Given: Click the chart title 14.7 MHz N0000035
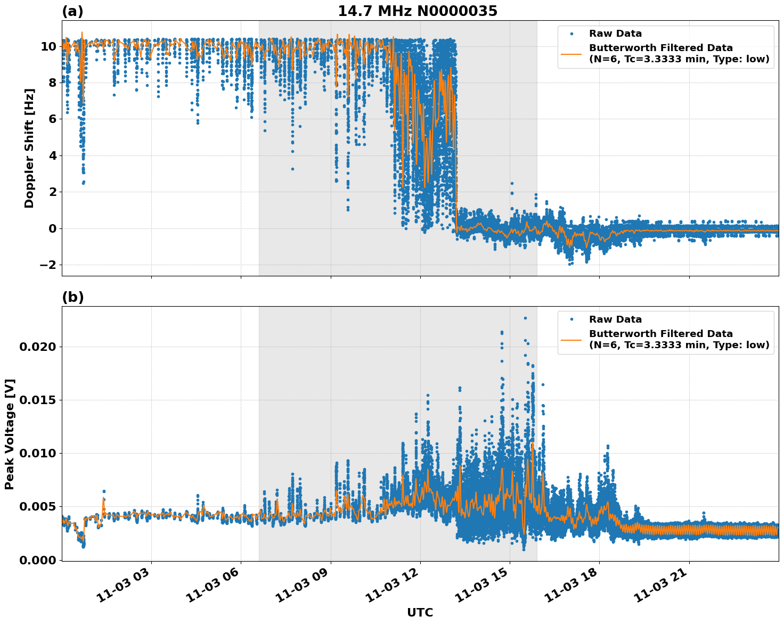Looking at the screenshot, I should coord(417,11).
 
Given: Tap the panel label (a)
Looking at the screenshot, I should coord(72,11).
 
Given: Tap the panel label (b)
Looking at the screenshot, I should coord(72,297).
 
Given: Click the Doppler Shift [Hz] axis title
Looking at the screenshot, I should coord(29,148).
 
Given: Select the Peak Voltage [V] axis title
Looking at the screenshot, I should coord(10,434).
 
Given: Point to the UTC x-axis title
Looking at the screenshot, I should coord(420,612).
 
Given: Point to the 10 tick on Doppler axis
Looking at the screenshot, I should coord(48,46).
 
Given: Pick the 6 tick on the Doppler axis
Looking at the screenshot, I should coord(52,119).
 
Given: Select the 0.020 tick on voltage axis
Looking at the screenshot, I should coord(37,347).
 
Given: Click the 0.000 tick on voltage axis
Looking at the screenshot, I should coord(37,560).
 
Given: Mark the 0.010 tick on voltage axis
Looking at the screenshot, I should coord(37,453).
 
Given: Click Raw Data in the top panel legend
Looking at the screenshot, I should coord(615,34).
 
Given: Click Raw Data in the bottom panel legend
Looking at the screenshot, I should coord(615,319).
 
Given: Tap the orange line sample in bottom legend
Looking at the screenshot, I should coord(571,339).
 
